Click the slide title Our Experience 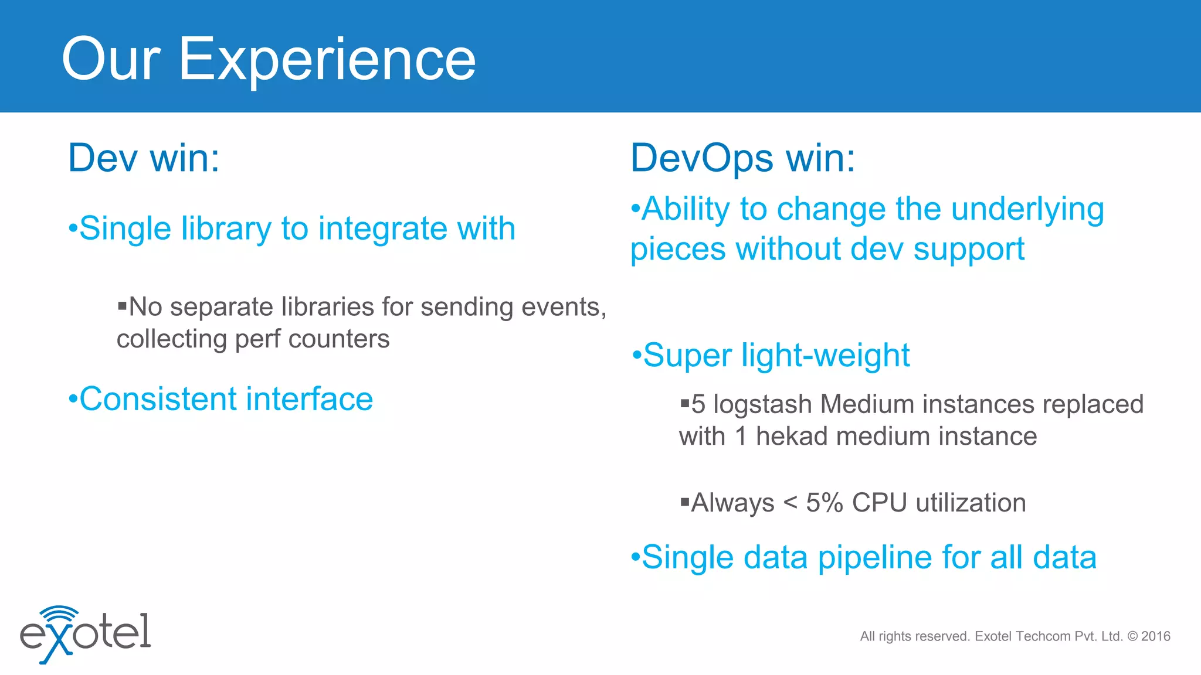tap(268, 59)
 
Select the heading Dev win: tap(144, 158)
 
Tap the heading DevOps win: tap(742, 158)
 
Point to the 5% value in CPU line tap(824, 503)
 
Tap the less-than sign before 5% tap(790, 503)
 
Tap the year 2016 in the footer tap(1156, 636)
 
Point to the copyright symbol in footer tap(1132, 636)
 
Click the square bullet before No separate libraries tap(122, 305)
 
